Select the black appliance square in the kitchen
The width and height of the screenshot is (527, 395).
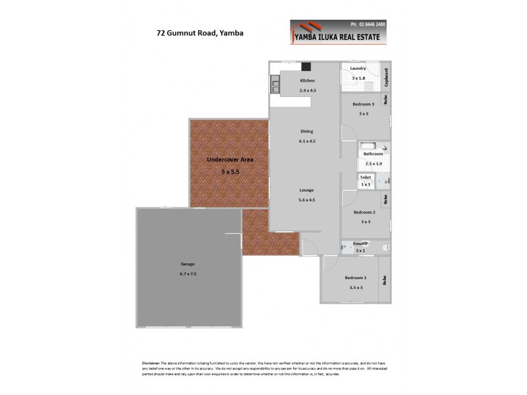(306, 66)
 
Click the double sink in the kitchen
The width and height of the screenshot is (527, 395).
(274, 84)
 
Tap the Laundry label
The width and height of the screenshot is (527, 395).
(358, 68)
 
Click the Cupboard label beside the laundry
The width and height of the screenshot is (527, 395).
(387, 77)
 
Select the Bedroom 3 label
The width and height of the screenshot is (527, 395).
(363, 104)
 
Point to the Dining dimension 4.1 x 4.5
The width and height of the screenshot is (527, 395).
(307, 141)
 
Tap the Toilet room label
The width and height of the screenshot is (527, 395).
(365, 177)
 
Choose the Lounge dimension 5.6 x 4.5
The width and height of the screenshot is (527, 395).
(307, 199)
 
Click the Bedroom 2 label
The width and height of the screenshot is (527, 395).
(364, 212)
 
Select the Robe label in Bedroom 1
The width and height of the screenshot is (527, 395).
(385, 279)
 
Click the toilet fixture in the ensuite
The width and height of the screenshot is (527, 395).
(386, 248)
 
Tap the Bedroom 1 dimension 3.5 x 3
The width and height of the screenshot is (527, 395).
(354, 287)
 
